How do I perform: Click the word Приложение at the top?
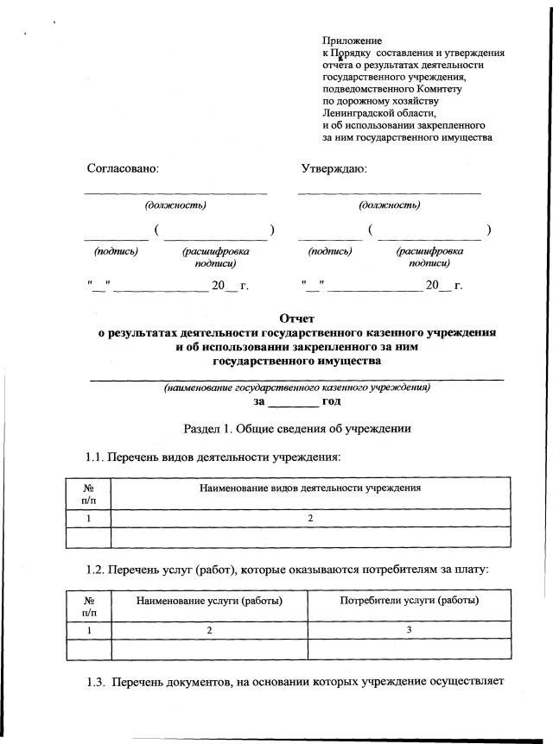(352, 41)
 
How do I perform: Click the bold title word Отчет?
(297, 318)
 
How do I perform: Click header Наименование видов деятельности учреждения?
(309, 489)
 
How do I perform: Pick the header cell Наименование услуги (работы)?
(210, 601)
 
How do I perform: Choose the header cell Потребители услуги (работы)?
(410, 601)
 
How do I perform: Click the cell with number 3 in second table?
(410, 631)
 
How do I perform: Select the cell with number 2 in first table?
(309, 519)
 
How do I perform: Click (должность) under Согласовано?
(175, 205)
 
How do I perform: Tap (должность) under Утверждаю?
(390, 205)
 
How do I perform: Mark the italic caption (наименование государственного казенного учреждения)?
(297, 388)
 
